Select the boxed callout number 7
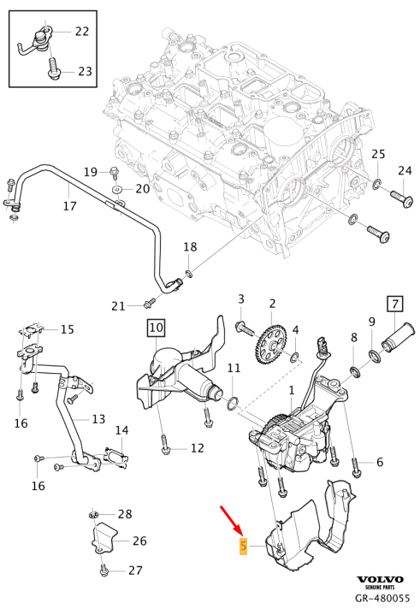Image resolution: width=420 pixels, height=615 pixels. tap(395, 304)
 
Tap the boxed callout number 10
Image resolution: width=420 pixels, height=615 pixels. tap(155, 326)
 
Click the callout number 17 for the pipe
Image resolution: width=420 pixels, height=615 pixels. tap(70, 206)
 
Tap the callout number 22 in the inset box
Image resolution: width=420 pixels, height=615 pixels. tap(82, 32)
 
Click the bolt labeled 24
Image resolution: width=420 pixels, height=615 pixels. tap(401, 198)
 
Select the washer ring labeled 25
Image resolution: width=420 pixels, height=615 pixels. tap(376, 184)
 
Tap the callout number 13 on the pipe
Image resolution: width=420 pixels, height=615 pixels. tap(98, 419)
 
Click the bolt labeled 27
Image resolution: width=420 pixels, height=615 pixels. tap(104, 568)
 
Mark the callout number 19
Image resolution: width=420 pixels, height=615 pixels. tap(91, 172)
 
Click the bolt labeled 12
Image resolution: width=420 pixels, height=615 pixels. tap(164, 444)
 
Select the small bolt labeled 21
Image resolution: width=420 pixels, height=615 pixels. tap(150, 301)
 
